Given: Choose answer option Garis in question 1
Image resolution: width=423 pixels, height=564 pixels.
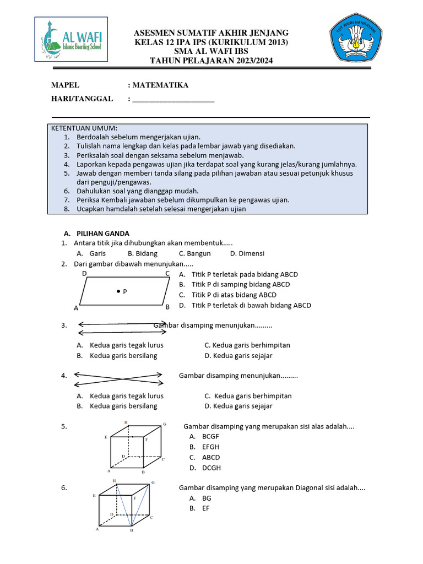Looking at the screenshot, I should (x=97, y=253).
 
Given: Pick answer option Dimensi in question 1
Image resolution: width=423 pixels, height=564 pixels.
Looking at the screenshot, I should (x=251, y=253).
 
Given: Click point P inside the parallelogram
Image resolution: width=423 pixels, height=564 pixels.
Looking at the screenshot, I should (x=118, y=290).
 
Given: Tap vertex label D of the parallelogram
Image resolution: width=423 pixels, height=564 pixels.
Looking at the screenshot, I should (x=84, y=273).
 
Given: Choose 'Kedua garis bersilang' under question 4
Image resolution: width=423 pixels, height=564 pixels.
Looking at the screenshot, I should (x=123, y=406).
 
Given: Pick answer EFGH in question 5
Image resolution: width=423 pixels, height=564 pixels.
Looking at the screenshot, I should (x=211, y=447).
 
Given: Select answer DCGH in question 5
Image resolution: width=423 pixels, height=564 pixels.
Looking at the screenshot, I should (x=211, y=468).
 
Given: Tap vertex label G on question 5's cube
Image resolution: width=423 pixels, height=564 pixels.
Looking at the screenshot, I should (x=164, y=424).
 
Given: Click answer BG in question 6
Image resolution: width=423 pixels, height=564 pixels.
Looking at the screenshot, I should (x=207, y=498).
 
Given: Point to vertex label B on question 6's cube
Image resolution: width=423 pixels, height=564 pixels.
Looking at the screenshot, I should (x=132, y=530).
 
